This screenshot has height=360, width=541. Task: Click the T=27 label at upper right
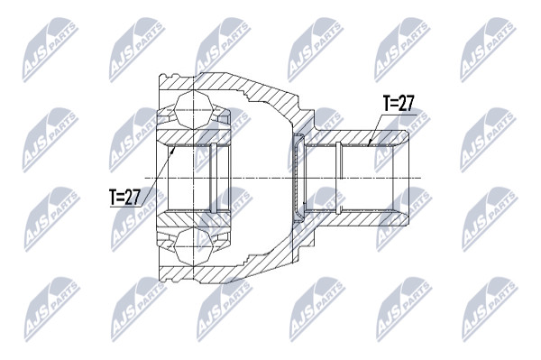[399, 103]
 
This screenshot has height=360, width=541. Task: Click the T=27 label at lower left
[125, 197]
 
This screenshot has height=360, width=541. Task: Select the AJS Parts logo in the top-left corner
[50, 49]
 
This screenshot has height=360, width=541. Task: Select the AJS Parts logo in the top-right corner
[489, 49]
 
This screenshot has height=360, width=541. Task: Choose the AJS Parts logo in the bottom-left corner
[51, 309]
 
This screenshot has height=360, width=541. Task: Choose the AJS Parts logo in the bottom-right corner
[490, 309]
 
